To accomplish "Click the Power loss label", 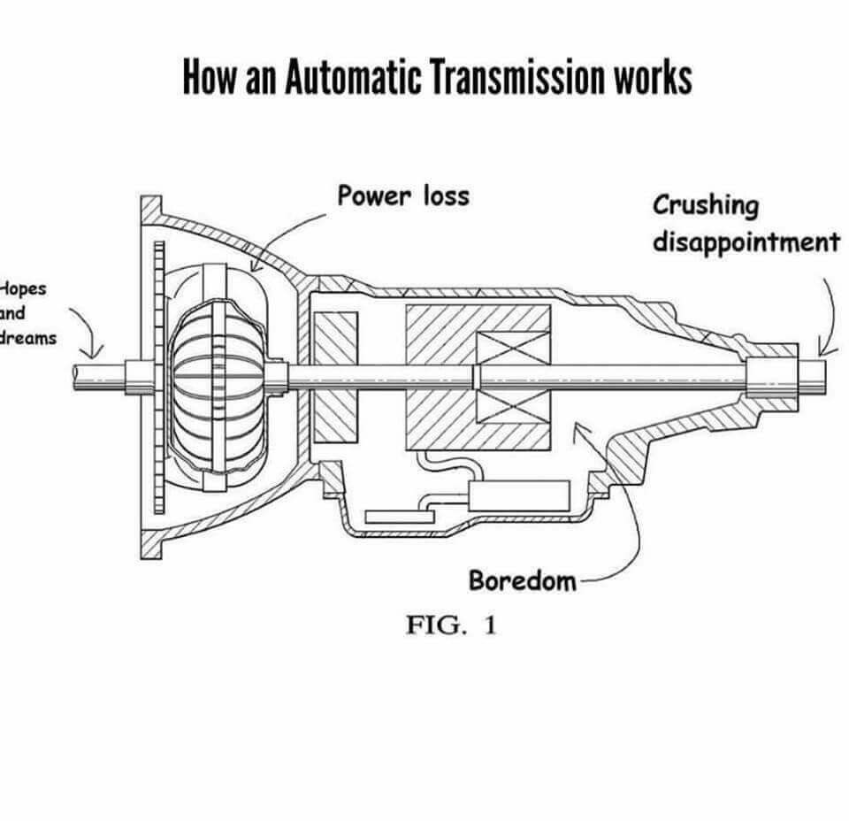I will [402, 195].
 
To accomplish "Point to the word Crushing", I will [706, 205].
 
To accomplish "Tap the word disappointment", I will [746, 241].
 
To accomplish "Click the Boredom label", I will [522, 581].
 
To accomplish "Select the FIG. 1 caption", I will [451, 625].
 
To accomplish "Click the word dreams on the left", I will [27, 337].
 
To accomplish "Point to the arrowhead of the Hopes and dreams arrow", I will [95, 354].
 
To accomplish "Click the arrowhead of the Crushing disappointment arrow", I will [822, 351].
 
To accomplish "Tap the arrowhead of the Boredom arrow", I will [577, 427].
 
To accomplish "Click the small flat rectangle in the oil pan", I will [393, 515].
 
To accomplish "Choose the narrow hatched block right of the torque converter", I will [336, 377].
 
